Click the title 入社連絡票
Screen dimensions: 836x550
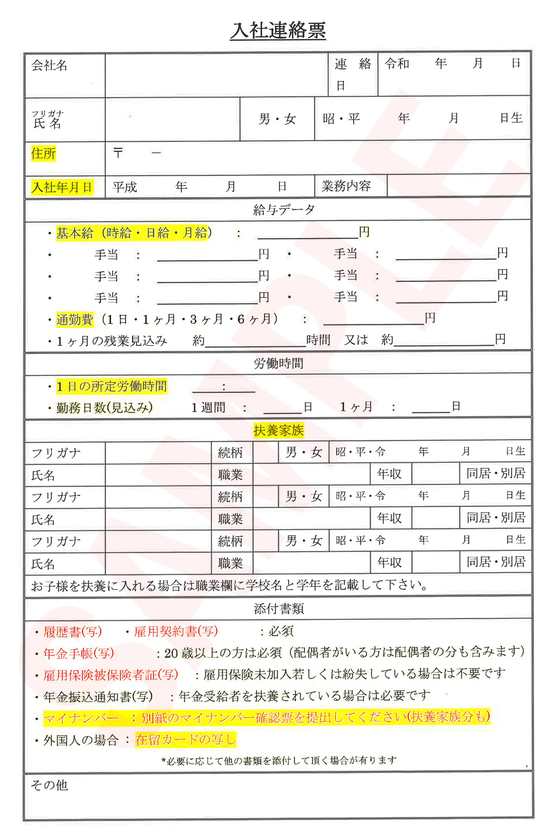coord(278,31)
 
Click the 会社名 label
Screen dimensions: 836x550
coord(50,65)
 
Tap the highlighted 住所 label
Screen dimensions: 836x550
coord(43,153)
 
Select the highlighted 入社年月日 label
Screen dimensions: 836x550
coord(62,187)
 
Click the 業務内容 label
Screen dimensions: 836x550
coord(346,186)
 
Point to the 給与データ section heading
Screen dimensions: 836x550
coord(284,210)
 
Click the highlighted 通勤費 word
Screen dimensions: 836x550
coord(75,319)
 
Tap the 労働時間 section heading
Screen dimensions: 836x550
coord(278,363)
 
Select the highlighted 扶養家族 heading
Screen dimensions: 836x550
coord(278,430)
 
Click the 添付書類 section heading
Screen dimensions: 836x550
coord(279,609)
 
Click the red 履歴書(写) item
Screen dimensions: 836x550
coord(73,632)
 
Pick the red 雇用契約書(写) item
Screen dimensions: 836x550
coord(176,631)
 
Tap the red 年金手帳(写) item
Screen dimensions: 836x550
coord(79,653)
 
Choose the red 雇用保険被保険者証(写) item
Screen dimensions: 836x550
coord(111,675)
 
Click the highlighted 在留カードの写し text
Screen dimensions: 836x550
coord(185,740)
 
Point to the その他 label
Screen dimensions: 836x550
coord(50,785)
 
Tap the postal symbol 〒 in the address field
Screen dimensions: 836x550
coord(118,153)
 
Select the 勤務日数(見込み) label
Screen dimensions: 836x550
coord(104,408)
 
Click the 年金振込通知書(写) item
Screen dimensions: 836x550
coord(98,697)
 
